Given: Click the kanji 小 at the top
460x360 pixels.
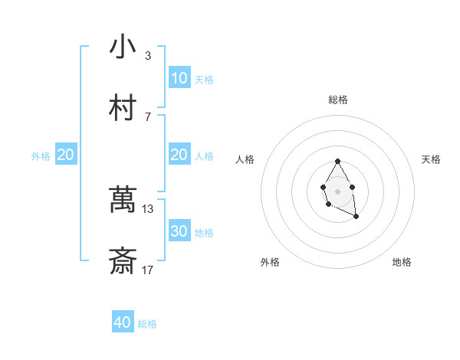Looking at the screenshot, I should point(123,47).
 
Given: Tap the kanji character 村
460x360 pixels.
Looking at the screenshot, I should point(123,108).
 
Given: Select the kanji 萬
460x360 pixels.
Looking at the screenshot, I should point(123,201).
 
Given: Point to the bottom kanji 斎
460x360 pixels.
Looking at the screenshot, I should point(123,262).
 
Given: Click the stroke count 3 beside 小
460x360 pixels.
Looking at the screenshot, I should point(148,56).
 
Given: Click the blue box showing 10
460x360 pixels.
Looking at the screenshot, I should point(179,78).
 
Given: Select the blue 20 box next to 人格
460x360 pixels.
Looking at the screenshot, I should point(179,155).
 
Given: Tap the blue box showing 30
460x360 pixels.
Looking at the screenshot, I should point(179,231).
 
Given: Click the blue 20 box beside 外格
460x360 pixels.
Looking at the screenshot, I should point(66,155).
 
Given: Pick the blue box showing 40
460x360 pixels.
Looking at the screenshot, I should point(123,322).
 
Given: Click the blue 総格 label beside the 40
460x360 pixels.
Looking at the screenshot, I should point(147,324).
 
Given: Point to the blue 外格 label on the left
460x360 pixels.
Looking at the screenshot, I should point(41,156).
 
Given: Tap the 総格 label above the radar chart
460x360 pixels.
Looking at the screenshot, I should point(337,100).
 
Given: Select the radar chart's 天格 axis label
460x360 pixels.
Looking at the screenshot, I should point(431,159).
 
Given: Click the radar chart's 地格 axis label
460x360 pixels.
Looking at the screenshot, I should point(402,262).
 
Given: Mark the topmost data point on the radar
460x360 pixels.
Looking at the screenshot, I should point(337,162).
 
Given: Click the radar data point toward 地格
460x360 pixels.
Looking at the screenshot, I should point(356,218).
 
